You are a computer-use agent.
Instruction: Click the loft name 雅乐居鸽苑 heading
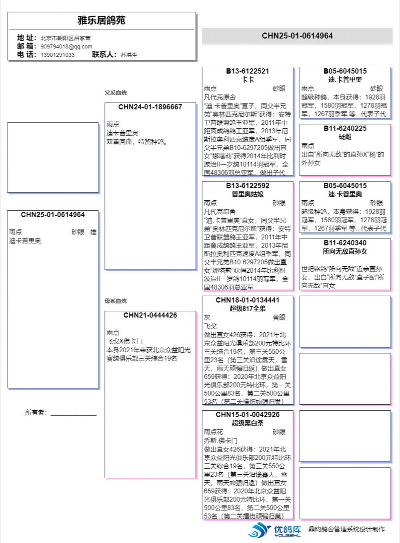point(102,20)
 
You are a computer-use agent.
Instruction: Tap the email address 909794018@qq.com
point(66,46)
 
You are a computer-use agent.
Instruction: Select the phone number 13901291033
point(57,55)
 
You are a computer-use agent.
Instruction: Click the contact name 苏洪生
point(129,55)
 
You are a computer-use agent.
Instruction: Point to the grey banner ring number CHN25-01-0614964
point(297,36)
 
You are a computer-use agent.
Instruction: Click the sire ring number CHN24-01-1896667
point(150,107)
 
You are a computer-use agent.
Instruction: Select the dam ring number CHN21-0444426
point(150,315)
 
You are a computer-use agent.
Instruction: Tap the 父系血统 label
point(116,93)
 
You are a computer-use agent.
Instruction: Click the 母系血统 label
point(116,301)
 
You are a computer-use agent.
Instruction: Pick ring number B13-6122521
point(248,71)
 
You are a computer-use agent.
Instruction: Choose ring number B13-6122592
point(248,186)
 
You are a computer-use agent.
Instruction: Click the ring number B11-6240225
point(345,128)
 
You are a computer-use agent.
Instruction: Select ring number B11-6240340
point(345,243)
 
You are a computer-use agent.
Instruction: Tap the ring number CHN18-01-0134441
point(248,300)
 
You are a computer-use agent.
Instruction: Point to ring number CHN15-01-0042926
point(248,414)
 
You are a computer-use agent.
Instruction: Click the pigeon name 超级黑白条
point(248,423)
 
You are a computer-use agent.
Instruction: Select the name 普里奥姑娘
point(248,194)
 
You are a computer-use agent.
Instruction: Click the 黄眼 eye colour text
point(279,317)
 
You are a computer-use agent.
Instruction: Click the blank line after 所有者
point(74,413)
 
